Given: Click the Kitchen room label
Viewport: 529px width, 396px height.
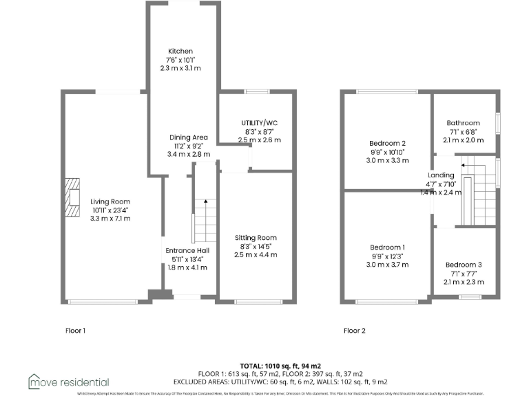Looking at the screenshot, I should [x=182, y=51].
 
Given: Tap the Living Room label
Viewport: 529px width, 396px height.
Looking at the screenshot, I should [x=110, y=201].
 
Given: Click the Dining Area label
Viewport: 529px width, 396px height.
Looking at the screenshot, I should [x=188, y=137].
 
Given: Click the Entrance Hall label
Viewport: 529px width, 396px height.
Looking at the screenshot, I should [x=187, y=250].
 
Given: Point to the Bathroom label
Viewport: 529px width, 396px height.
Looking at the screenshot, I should [x=462, y=124].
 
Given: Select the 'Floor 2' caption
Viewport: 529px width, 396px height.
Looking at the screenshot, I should [x=354, y=331].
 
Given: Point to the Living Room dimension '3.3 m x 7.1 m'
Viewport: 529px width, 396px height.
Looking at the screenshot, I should [x=110, y=218].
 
